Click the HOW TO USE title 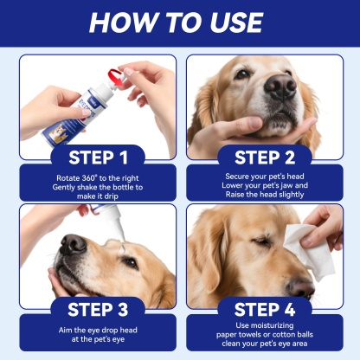pos(180,23)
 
